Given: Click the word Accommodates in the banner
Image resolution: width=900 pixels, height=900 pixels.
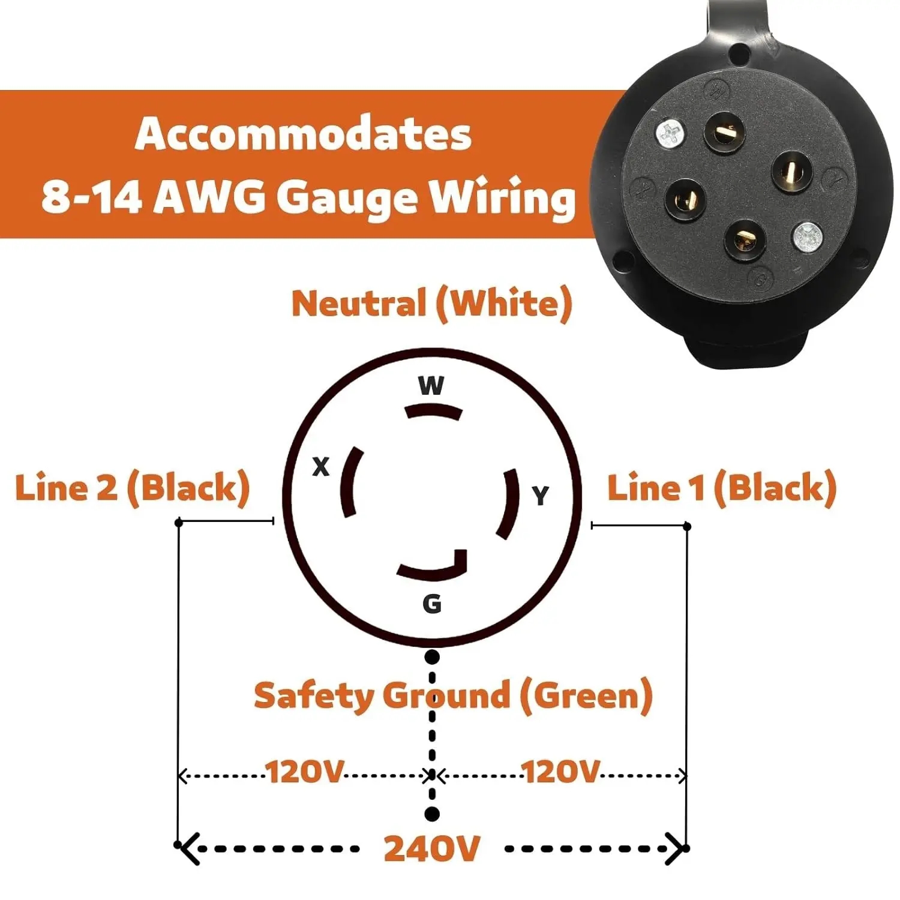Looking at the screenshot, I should click(x=303, y=134).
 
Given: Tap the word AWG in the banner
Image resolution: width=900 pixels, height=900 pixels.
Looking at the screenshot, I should click(x=208, y=197).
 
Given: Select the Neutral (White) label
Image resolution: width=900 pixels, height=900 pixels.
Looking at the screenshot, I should click(x=431, y=304).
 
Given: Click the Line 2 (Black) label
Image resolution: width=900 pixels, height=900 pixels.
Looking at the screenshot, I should click(x=133, y=487).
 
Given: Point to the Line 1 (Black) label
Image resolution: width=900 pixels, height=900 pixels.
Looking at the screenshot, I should click(x=721, y=487).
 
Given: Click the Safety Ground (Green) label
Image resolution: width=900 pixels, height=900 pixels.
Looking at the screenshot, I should click(x=453, y=696).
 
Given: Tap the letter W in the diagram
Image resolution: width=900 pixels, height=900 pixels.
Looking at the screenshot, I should click(x=431, y=385).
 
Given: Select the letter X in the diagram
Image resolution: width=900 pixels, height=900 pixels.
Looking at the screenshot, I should click(x=321, y=466).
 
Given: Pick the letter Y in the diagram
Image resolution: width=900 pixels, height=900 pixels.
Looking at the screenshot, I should click(x=541, y=496).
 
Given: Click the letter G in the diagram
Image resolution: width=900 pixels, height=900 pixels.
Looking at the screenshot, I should click(x=432, y=604).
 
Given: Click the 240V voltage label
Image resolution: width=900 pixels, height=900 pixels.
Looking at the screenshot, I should click(x=432, y=848).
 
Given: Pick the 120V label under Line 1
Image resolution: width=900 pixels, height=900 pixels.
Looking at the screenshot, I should click(x=560, y=772).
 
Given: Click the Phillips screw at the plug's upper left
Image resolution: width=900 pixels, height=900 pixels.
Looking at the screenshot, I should click(x=671, y=134).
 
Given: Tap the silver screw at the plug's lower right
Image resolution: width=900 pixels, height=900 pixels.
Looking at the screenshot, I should click(x=808, y=238).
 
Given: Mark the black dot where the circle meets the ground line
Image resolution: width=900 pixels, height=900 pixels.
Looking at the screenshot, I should click(x=431, y=657).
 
